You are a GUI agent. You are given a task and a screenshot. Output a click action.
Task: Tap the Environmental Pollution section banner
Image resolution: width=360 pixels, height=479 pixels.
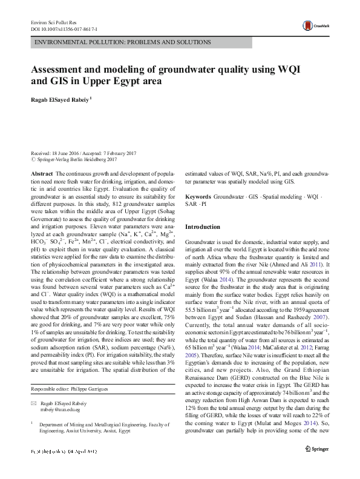(x=123, y=43)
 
